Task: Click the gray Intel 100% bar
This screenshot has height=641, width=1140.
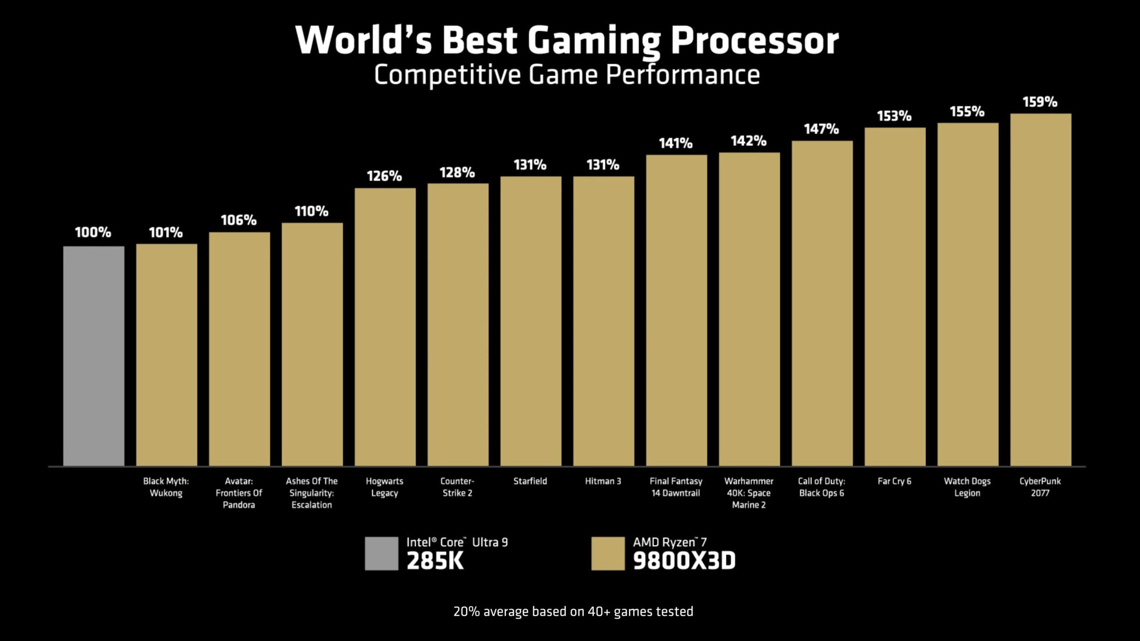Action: [94, 356]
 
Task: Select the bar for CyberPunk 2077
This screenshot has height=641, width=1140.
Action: [1040, 289]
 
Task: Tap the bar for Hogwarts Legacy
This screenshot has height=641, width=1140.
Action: [385, 327]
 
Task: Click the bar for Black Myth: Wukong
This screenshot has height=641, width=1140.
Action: [166, 355]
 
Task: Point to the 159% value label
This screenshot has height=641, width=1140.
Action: [1040, 102]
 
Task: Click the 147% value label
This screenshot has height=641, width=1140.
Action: [821, 129]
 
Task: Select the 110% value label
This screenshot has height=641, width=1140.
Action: [311, 211]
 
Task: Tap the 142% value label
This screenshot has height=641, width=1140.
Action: [748, 141]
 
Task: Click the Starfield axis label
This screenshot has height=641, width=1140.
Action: [530, 481]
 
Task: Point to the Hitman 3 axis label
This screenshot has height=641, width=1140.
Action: [603, 481]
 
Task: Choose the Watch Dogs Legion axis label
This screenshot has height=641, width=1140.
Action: [967, 487]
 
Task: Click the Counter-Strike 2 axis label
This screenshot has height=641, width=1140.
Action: [457, 487]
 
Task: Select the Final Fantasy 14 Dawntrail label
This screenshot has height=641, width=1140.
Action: [676, 487]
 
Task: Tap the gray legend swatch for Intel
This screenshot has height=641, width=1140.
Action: [381, 553]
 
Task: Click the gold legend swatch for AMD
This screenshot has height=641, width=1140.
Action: [608, 553]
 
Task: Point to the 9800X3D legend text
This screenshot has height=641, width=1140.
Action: [684, 560]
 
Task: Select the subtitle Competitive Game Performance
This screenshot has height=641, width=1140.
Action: [566, 75]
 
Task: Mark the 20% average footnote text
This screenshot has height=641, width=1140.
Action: [573, 612]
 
